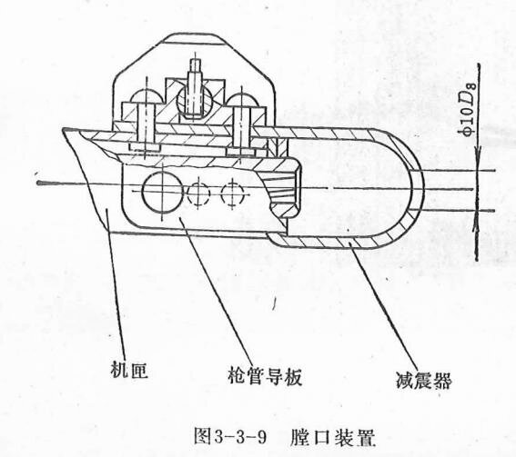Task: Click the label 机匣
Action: pos(128,370)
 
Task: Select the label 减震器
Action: pos(423,381)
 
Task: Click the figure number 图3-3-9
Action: pos(229,436)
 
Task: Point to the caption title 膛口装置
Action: pos(332,437)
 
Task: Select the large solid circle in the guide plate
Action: pos(162,192)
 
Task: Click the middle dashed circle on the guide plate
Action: pos(198,194)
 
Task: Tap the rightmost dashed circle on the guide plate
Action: pos(233,194)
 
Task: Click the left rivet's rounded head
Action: pos(146,95)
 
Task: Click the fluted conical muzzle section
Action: pos(284,193)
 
